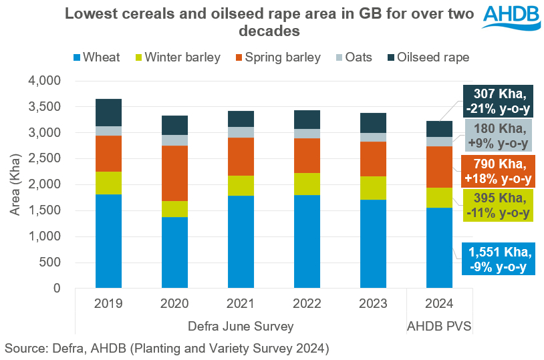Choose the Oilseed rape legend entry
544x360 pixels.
[425, 57]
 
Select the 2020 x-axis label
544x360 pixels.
[174, 304]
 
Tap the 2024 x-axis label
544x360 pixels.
[438, 304]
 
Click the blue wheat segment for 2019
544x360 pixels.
[108, 241]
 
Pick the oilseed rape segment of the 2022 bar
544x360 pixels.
[307, 120]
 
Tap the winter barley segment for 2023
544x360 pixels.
[373, 188]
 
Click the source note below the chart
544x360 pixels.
[166, 348]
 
